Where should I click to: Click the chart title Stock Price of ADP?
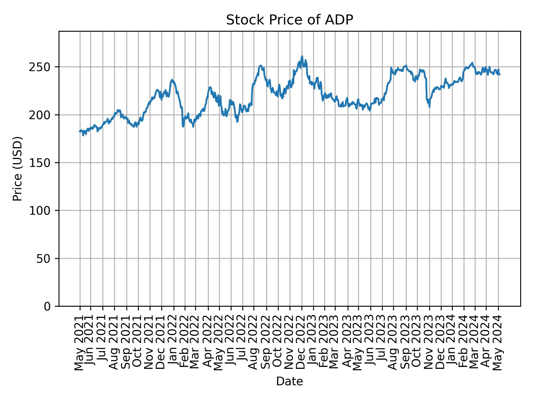click(x=289, y=20)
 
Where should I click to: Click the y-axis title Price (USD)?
click(x=17, y=169)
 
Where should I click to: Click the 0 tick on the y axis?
click(x=47, y=306)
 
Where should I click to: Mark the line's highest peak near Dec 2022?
click(x=302, y=56)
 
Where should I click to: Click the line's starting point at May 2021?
click(x=79, y=132)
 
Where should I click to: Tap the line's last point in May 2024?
click(x=500, y=75)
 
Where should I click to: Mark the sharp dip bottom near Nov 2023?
click(x=429, y=107)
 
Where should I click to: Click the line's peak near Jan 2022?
click(x=172, y=80)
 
